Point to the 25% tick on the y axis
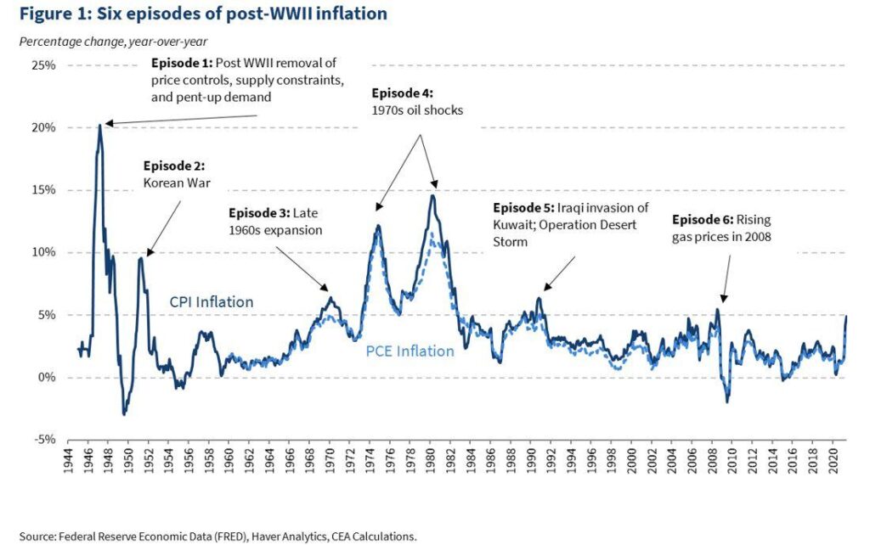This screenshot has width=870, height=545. pos(44,65)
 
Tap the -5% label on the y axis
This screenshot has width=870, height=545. pos(45,440)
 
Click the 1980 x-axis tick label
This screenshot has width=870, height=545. pos(434,462)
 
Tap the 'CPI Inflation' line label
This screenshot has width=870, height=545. pos(211,301)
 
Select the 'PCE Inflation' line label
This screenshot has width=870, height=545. pos(410,351)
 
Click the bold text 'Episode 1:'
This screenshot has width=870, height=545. pos(180,64)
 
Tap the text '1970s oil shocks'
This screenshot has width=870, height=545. pos(416,110)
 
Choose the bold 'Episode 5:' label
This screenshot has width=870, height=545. pos(523,208)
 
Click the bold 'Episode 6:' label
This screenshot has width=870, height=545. pos(702,219)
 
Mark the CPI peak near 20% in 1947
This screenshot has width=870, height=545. pos(100,126)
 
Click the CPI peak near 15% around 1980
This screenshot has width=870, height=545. pos(432,196)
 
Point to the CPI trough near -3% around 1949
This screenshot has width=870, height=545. pos(124,413)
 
